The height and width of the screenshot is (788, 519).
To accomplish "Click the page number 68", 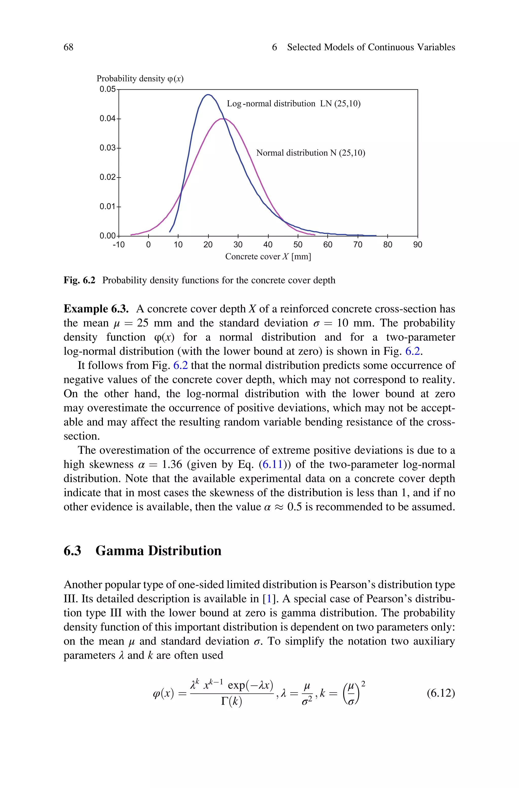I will point(68,47).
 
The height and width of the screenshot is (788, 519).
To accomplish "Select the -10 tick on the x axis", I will point(119,245).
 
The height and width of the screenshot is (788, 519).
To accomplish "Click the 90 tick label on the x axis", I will point(418,245).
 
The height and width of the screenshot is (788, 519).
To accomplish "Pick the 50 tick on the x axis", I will point(298,245).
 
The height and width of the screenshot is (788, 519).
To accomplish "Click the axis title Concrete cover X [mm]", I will point(268,257).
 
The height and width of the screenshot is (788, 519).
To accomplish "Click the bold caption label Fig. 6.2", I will point(79,280).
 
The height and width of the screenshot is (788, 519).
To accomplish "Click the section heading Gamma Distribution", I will point(158,551).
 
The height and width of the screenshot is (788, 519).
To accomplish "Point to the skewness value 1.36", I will point(172,464).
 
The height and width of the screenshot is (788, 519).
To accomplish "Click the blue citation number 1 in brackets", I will point(269,599).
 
